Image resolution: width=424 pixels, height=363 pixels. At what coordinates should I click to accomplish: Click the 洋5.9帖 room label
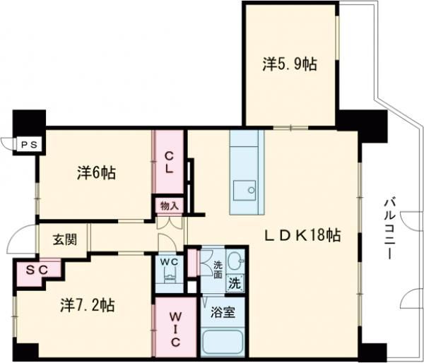[x=290, y=64]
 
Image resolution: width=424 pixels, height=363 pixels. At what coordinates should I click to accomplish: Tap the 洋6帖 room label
[x=97, y=172]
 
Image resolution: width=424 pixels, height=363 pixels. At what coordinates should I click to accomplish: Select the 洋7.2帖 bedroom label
[x=87, y=305]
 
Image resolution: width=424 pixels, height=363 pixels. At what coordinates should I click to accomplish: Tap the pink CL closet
[x=170, y=163]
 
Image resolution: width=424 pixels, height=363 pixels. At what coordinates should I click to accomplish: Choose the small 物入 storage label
[x=170, y=206]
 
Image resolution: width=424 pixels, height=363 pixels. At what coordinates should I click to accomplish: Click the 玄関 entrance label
[x=64, y=239]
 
